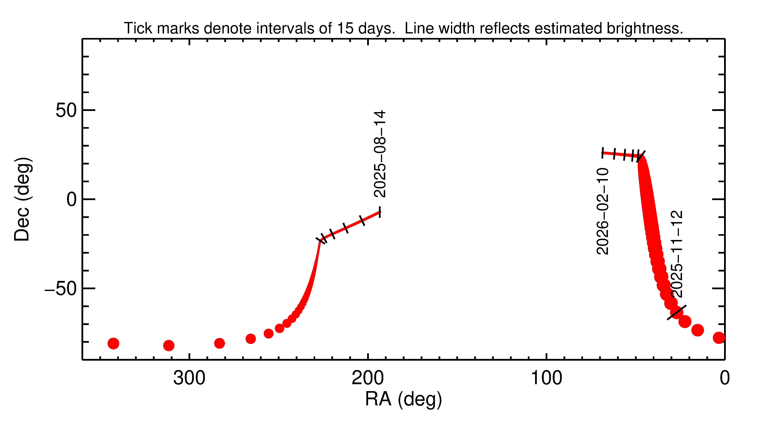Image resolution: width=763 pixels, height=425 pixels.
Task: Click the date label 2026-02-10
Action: tap(602, 211)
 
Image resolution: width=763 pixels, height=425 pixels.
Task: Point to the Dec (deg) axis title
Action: tap(22, 199)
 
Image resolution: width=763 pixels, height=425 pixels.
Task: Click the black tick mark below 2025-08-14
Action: tap(380, 212)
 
